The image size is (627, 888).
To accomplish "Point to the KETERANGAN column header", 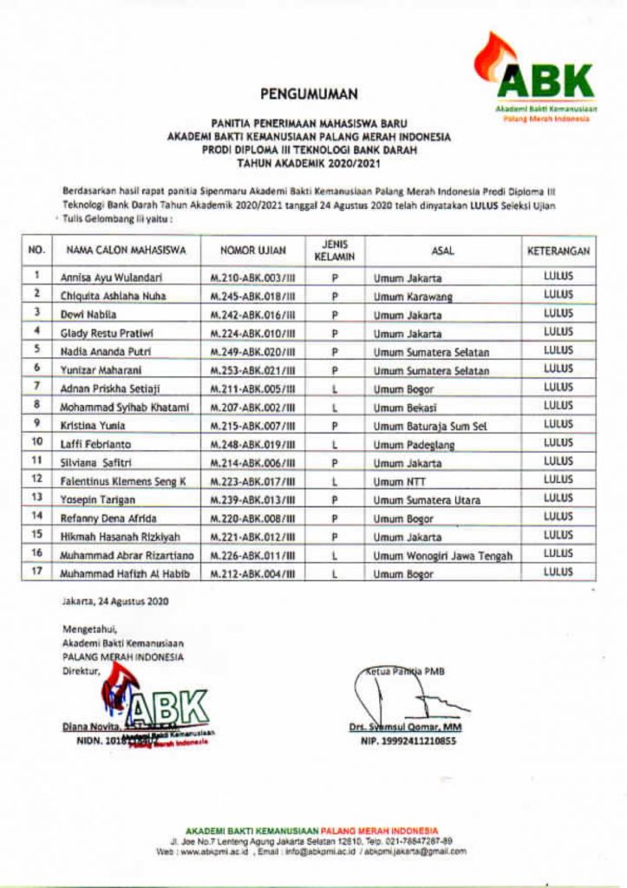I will tap(559, 251).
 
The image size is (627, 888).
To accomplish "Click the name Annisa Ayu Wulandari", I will tap(112, 278).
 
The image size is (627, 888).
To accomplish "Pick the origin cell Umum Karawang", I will tap(406, 297).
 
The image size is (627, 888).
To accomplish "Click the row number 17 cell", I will tap(37, 572).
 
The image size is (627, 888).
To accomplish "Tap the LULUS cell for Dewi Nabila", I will tap(558, 314).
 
